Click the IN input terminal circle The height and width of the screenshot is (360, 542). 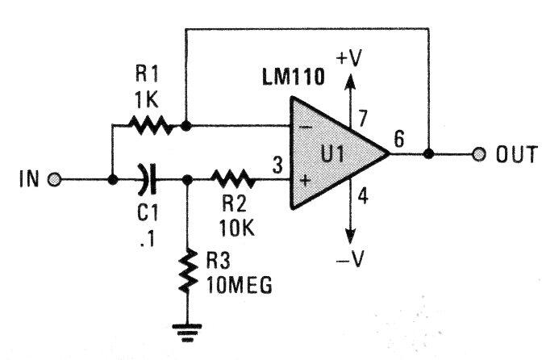(54, 180)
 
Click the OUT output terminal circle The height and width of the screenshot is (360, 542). (479, 154)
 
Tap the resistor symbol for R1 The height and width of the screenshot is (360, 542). (150, 126)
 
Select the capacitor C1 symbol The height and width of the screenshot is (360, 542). (148, 179)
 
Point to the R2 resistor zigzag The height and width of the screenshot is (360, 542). (233, 179)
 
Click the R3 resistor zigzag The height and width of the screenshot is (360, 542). (189, 270)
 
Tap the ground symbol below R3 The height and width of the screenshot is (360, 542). (187, 333)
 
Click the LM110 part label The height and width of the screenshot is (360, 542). (294, 77)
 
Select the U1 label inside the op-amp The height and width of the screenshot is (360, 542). (332, 154)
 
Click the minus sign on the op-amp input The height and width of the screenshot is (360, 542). (305, 128)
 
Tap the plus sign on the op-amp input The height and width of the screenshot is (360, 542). (305, 181)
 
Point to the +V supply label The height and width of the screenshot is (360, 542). (348, 57)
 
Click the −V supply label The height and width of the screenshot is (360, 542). (350, 258)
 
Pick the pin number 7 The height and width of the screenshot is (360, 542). (362, 118)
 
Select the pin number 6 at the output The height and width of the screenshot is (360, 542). (399, 139)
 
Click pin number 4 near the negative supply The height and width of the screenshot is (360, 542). (363, 196)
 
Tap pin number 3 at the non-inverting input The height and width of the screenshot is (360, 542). (277, 165)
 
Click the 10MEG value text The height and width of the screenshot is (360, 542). (240, 286)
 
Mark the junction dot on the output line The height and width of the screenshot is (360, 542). (428, 154)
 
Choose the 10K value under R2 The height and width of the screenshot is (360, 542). (237, 228)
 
